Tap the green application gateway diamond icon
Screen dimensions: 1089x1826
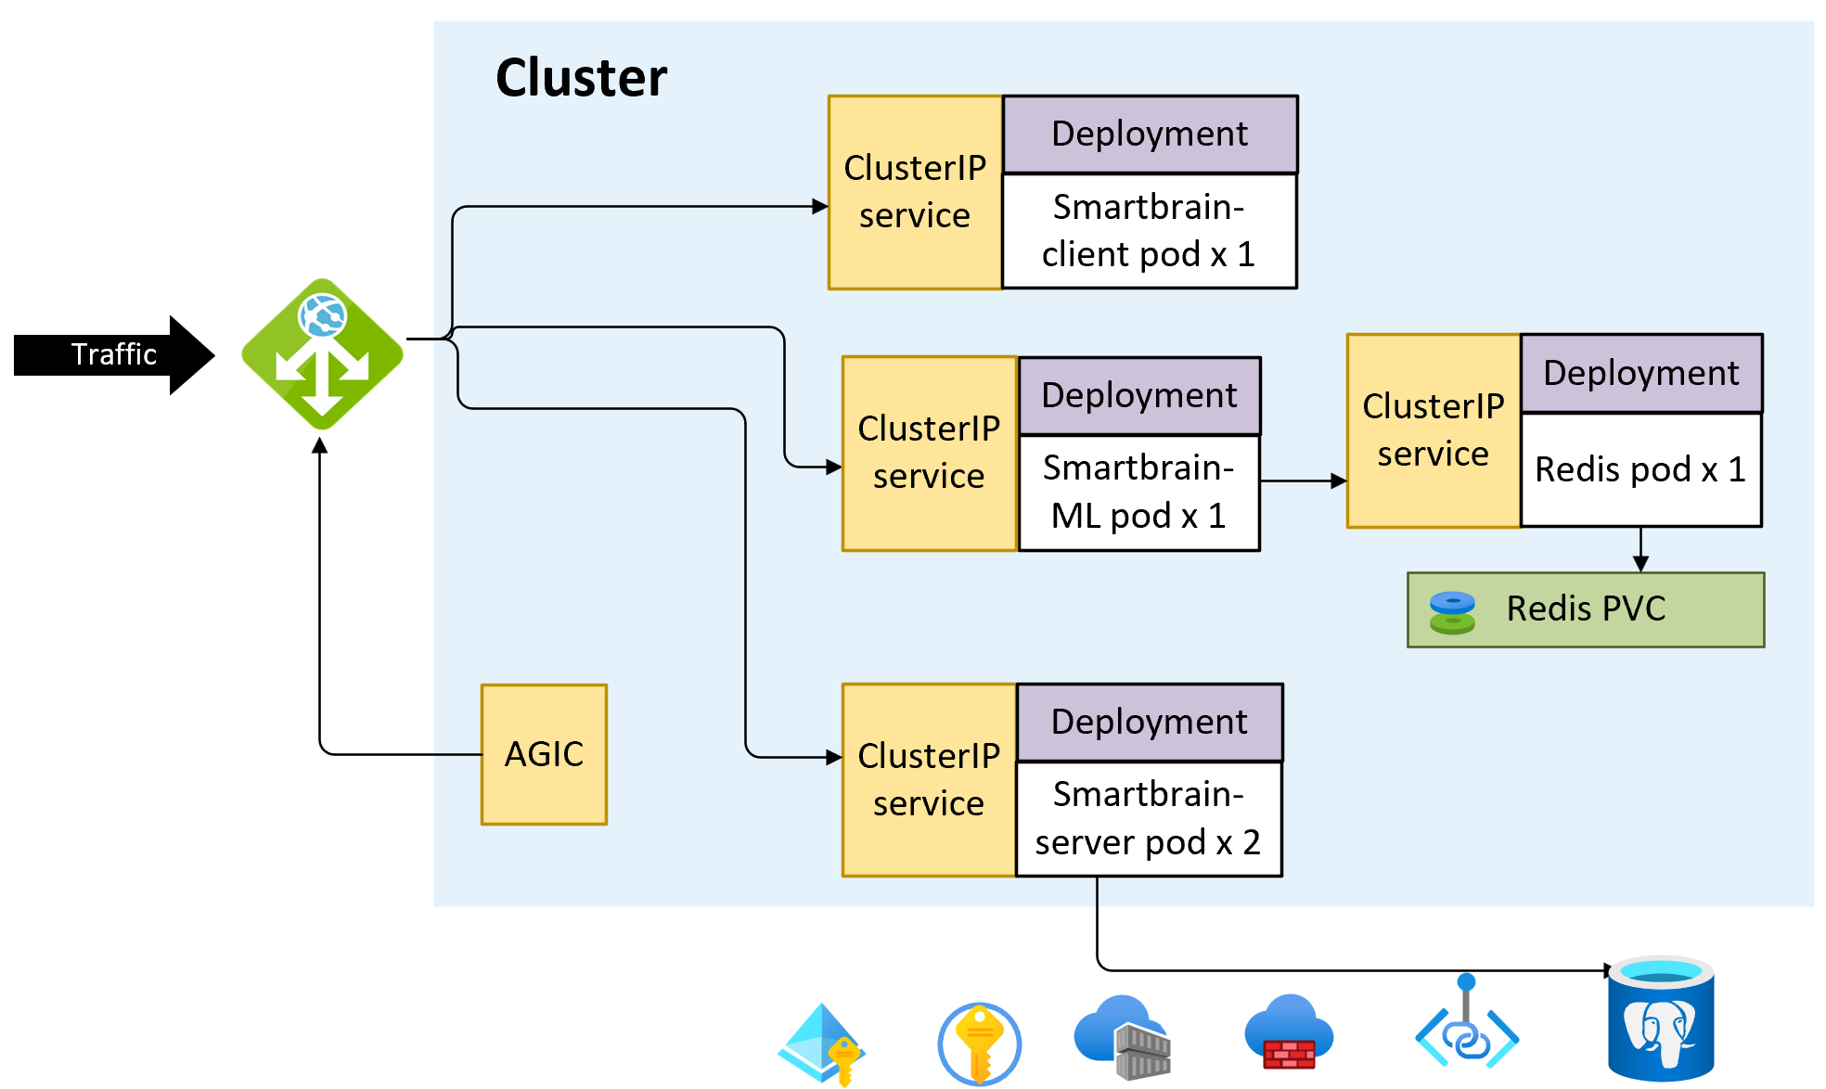click(322, 354)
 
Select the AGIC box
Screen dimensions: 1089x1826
click(544, 754)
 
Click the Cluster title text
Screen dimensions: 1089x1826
click(581, 77)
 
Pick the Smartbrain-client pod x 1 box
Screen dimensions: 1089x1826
click(1149, 231)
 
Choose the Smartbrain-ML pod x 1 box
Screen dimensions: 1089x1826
click(1138, 493)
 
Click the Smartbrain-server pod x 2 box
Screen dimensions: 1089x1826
click(1149, 819)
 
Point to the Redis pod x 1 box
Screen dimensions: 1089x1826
click(1640, 469)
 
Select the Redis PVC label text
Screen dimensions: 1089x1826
click(1586, 609)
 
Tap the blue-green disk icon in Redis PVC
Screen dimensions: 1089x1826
click(1452, 612)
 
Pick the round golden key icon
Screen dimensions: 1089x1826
click(979, 1043)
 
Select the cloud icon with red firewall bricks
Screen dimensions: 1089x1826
click(1288, 1032)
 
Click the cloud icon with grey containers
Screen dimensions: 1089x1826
click(1123, 1037)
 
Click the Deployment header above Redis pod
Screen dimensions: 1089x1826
click(1640, 373)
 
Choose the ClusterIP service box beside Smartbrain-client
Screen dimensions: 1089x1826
click(915, 192)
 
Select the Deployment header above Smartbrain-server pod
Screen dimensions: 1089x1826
click(1149, 722)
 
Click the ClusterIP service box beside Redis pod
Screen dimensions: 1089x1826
click(1433, 430)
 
